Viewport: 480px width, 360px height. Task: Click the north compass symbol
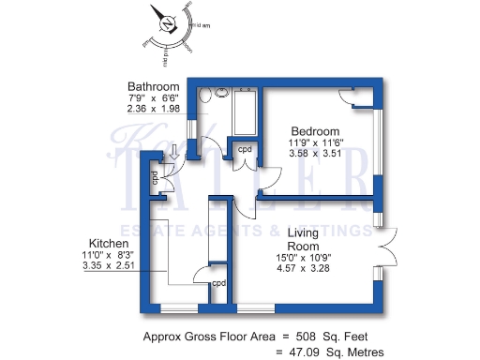(x=168, y=26)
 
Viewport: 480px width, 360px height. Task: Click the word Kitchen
(x=101, y=241)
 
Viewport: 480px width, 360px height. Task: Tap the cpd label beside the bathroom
(x=244, y=149)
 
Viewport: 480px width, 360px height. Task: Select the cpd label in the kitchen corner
(x=218, y=283)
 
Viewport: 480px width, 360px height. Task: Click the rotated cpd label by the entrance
(x=156, y=175)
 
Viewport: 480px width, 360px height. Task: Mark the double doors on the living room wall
(x=386, y=247)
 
